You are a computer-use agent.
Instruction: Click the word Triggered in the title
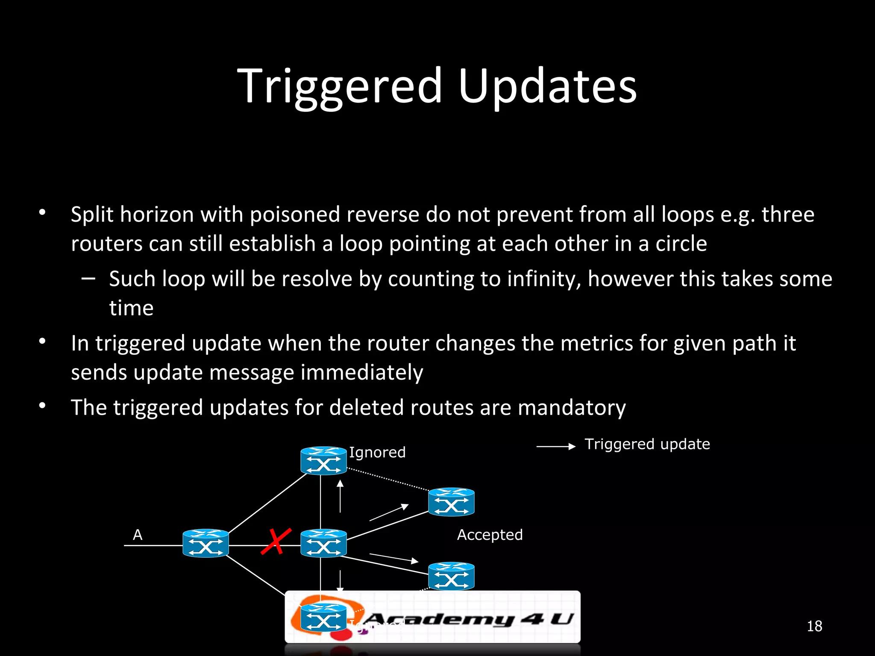coord(340,87)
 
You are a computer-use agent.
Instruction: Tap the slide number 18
coord(814,626)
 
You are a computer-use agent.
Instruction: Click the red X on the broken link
coord(276,542)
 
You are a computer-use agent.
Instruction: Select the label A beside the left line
coord(138,535)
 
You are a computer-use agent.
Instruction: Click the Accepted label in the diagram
coord(490,535)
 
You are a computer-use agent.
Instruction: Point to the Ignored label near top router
coord(377,452)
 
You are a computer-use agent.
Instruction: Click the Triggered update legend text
coord(647,444)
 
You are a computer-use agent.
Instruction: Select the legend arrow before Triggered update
coord(556,447)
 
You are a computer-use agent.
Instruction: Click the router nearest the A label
coord(206,543)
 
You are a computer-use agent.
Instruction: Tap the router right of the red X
coord(323,543)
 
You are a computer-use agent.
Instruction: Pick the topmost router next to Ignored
coord(323,460)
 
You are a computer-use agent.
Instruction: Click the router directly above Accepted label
coord(451,502)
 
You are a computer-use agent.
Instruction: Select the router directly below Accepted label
coord(451,576)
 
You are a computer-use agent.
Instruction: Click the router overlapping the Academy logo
coord(323,618)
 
